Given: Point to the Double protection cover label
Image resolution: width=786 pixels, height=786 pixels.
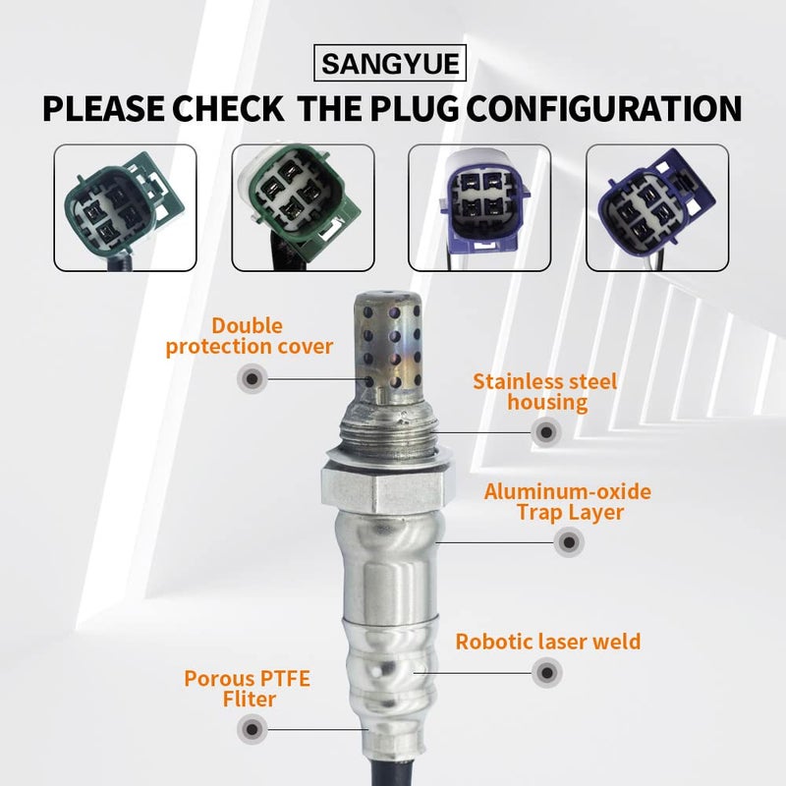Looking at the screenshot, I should [250, 335].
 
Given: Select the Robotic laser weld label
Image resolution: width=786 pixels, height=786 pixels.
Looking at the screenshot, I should [547, 642].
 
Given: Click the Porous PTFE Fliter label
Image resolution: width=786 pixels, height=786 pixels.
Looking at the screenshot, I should [231, 688].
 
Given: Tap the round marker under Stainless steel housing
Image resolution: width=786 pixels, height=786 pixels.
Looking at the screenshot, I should [546, 430].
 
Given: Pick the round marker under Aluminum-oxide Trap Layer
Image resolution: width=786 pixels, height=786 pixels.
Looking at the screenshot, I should [568, 540].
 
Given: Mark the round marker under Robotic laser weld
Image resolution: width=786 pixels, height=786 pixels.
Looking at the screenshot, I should [546, 673].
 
